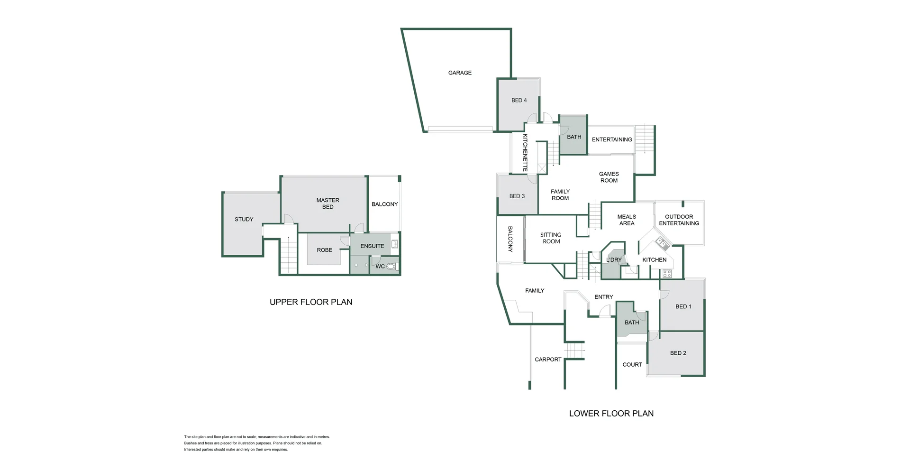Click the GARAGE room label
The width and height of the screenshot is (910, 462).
(460, 73)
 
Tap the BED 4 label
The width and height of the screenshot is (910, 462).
(519, 100)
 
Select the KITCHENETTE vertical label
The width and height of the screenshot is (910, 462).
(525, 153)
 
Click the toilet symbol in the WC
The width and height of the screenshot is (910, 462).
(391, 267)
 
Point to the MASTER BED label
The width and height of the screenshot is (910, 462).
(328, 203)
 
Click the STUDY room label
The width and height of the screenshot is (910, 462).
(244, 219)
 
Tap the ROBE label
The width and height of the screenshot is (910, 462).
(325, 250)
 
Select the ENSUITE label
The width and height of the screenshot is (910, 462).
(372, 246)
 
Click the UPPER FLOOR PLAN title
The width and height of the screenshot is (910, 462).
(311, 302)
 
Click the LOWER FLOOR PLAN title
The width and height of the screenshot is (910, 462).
(611, 414)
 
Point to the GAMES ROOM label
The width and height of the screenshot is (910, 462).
(609, 177)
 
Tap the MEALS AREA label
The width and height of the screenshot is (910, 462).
(627, 220)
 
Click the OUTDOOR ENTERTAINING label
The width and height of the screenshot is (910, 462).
(679, 220)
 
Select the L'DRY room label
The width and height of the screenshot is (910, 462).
(614, 260)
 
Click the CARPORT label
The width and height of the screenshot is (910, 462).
(548, 360)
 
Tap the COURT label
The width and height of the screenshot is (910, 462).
(632, 365)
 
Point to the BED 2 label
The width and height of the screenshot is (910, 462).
(678, 353)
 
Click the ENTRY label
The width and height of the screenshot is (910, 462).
(604, 297)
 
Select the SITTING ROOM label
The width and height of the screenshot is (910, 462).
(551, 238)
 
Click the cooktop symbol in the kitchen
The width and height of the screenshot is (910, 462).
(667, 274)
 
